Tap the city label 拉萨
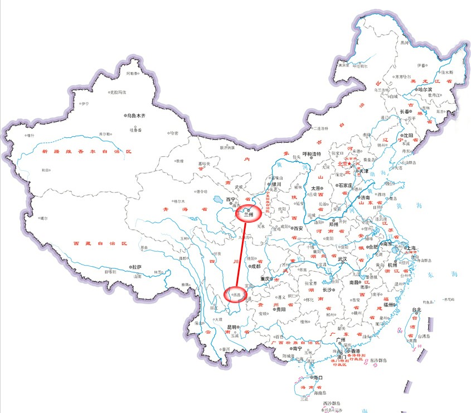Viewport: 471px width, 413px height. [136, 267]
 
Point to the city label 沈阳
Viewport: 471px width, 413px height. [407, 136]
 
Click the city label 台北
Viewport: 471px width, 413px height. [417, 310]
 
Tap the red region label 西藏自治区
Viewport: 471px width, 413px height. [101, 244]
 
